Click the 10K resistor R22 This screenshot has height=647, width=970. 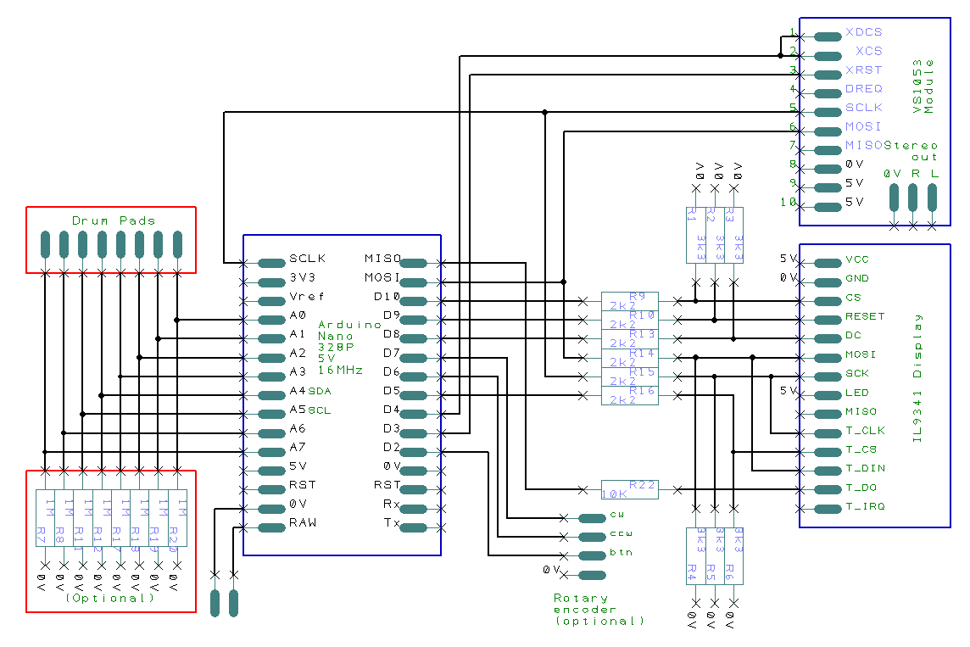pyautogui.click(x=629, y=489)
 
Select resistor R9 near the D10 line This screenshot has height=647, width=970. pyautogui.click(x=629, y=301)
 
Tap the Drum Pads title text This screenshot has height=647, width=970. pyautogui.click(x=113, y=220)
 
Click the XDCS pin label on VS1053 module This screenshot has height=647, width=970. pyautogui.click(x=863, y=32)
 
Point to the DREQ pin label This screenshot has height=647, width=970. pyautogui.click(x=863, y=88)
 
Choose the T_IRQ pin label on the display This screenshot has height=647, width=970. pyautogui.click(x=865, y=507)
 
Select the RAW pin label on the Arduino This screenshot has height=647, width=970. pyautogui.click(x=303, y=522)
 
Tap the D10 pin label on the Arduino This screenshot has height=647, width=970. pyautogui.click(x=387, y=297)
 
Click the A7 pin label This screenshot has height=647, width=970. pyautogui.click(x=297, y=447)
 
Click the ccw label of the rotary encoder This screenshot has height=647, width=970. pyautogui.click(x=621, y=534)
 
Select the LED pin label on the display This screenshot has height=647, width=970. pyautogui.click(x=856, y=393)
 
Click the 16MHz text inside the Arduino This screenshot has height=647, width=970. pyautogui.click(x=340, y=371)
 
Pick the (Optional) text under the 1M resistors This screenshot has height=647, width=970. pyautogui.click(x=110, y=598)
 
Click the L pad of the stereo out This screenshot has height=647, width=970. pyautogui.click(x=933, y=198)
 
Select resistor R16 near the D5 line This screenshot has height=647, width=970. pyautogui.click(x=629, y=395)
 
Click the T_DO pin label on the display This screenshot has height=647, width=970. pyautogui.click(x=860, y=488)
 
